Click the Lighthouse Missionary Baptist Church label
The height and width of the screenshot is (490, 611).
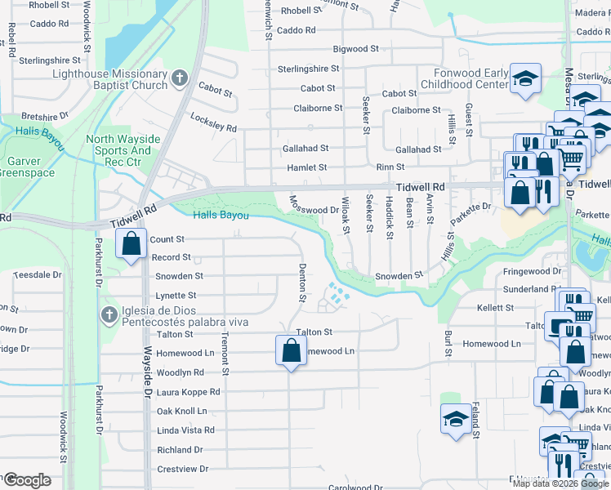(109, 79)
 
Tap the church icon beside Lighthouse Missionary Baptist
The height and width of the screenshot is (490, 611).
(181, 79)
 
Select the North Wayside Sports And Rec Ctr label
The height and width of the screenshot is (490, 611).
(119, 150)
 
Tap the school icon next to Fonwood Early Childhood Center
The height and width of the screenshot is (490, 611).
(526, 78)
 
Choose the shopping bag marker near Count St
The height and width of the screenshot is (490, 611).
(131, 243)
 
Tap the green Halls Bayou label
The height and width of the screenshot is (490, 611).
(221, 215)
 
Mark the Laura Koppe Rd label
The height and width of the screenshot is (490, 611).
(188, 391)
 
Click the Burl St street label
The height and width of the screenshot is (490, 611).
(448, 343)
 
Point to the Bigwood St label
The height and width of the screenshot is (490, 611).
(350, 49)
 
